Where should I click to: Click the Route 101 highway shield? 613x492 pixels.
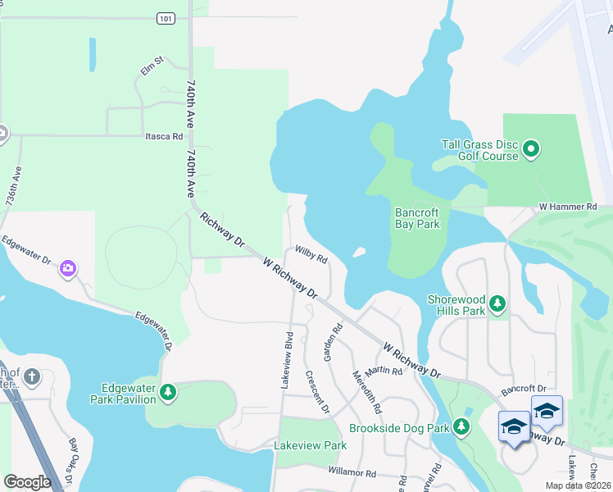coord(166,17)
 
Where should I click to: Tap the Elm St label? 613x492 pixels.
coord(152,66)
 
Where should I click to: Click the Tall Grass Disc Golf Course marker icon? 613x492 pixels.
coord(531,149)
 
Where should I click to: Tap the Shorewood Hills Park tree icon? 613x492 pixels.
coord(497,305)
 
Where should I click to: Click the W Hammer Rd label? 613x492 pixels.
coord(567,207)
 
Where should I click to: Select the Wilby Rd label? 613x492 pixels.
coord(311,254)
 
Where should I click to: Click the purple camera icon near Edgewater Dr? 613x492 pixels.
coord(68,268)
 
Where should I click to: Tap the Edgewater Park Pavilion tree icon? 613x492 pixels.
coord(167,394)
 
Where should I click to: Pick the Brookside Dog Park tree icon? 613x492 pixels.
coord(462,427)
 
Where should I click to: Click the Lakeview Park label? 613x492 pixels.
coord(311,445)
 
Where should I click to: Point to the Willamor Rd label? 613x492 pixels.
coord(352,473)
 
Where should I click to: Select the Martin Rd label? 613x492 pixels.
coord(384,371)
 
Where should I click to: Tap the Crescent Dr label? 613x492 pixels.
coord(316,392)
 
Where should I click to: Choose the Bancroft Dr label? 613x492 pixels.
coord(524,387)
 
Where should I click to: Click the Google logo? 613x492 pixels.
coord(28,482)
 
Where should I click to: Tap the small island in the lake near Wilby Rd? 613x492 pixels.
coord(359,252)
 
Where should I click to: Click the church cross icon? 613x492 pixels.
coord(31,377)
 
